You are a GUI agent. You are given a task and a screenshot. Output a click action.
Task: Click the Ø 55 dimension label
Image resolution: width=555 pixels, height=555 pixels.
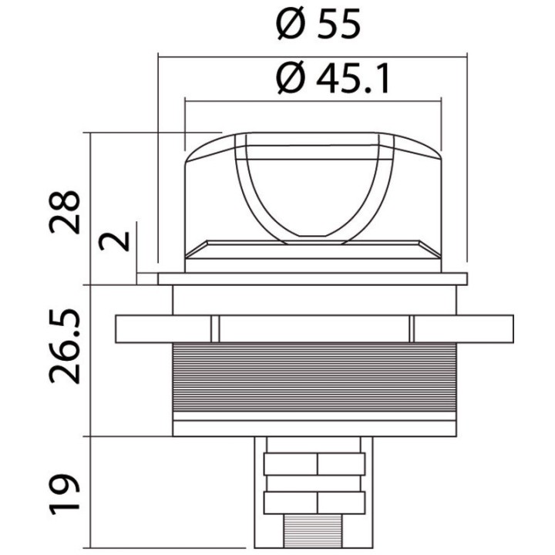(318, 26)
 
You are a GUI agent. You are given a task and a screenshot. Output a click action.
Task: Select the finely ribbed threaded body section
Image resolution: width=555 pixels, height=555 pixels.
(314, 378)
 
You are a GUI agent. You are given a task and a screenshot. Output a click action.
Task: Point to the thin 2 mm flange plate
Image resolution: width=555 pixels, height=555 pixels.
(313, 278)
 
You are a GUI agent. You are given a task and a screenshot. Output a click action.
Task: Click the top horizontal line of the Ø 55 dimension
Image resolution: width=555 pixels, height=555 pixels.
(312, 55)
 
